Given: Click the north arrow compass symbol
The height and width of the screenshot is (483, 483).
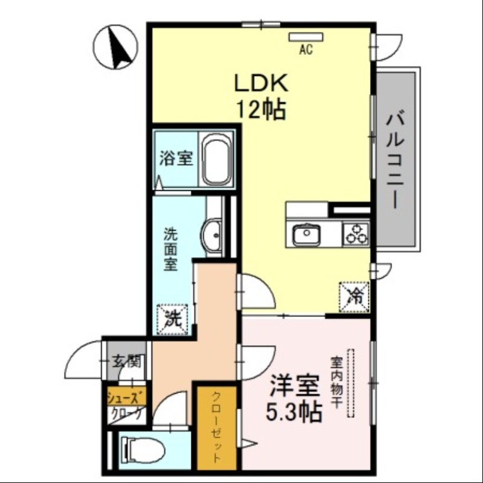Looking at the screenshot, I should [118, 46].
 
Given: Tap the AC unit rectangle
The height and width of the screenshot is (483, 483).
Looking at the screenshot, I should [306, 37].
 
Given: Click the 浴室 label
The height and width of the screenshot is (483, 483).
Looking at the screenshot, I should [176, 159].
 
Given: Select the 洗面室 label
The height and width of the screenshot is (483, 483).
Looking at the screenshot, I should [171, 248].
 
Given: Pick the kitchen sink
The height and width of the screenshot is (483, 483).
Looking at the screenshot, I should [307, 234].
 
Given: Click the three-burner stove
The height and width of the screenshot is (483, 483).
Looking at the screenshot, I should [356, 233].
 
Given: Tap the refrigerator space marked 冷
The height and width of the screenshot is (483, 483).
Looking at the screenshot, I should [356, 296].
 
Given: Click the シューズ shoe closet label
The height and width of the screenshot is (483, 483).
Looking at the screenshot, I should [126, 398].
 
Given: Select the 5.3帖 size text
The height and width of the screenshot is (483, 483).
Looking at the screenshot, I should [294, 412].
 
